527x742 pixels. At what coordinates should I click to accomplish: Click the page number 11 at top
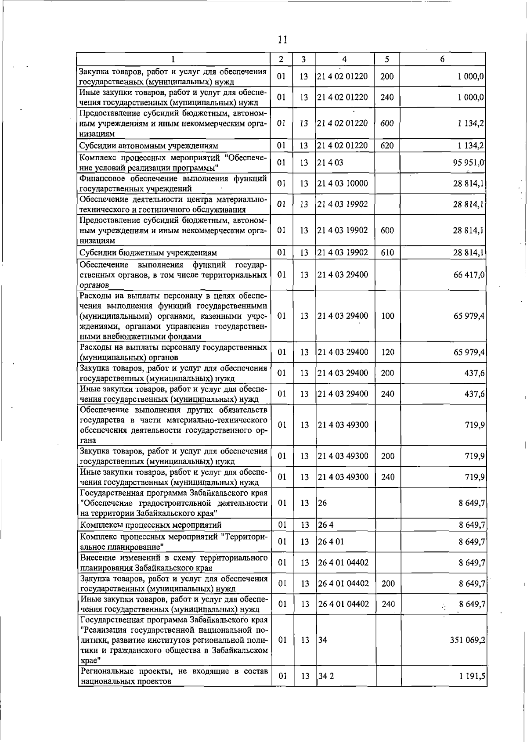pos(282,40)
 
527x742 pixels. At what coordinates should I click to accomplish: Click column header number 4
pos(344,59)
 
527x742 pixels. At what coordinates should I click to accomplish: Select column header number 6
pos(442,59)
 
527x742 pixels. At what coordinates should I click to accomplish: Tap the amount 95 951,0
pos(469,162)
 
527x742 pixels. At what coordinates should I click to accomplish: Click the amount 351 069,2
pos(467,640)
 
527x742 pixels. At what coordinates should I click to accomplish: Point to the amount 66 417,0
pos(469,275)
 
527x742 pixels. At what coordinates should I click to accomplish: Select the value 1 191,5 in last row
pos(472,688)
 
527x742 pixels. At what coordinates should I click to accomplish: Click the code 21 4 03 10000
pos(343,184)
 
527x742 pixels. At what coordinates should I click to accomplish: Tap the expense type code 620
pos(387,145)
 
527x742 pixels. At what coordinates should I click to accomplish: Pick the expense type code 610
pos(387,252)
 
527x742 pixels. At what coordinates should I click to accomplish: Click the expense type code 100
pos(387,316)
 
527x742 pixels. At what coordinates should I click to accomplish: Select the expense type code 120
pos(387,352)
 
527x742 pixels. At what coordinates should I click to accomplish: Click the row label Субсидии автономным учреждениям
pos(149,145)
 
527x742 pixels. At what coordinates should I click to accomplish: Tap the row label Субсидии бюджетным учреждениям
pos(148,253)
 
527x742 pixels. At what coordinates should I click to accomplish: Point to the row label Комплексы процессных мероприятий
pos(151,525)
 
